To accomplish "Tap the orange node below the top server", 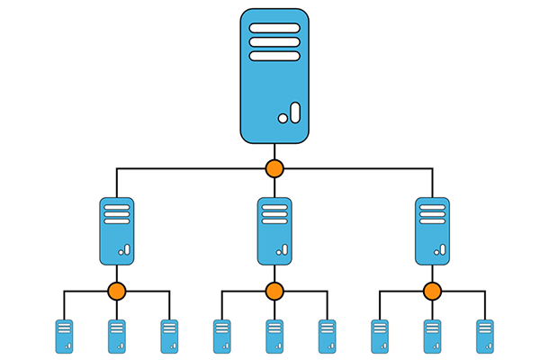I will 274,168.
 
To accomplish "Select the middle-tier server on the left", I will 116,230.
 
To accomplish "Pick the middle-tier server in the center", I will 274,230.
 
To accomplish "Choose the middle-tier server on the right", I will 433,230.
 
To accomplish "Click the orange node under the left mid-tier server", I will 116,291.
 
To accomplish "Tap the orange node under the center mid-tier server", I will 274,291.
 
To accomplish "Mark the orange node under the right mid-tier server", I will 433,291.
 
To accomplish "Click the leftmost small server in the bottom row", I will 64,336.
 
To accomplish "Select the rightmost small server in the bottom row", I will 485,336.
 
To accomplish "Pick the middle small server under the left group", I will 117,336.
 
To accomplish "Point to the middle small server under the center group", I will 274,336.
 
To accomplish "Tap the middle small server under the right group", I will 433,336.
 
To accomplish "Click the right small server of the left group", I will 169,336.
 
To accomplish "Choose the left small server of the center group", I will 221,336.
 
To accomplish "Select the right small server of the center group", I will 328,336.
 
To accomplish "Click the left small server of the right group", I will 380,336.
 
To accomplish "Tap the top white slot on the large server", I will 274,27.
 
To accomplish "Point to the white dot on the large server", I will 283,118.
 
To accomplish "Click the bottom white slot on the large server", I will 274,56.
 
